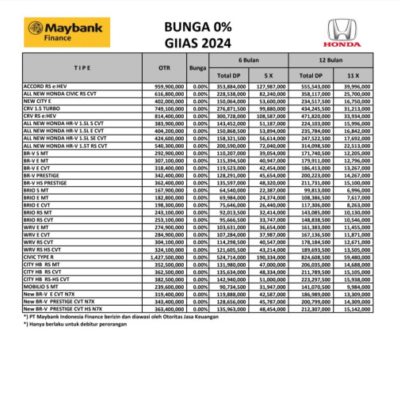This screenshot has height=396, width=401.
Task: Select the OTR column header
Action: (x=163, y=67)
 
